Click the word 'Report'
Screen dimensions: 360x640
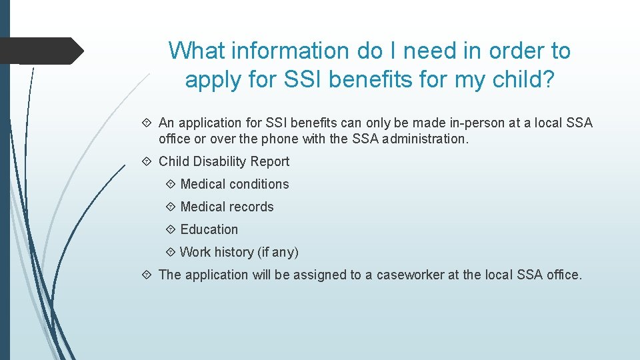(270, 161)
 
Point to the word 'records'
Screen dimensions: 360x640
(251, 207)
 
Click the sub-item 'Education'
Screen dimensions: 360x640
(209, 229)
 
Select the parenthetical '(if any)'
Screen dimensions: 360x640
(278, 252)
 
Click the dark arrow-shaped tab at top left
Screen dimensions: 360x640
(40, 51)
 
